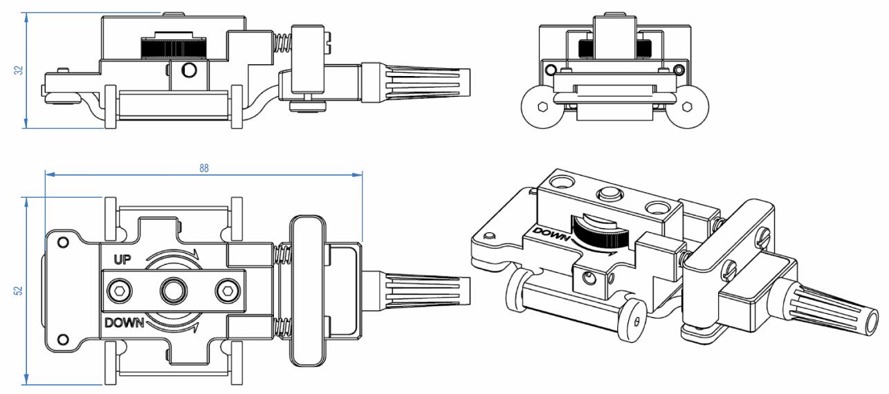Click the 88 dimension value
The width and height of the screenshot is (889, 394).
[x=204, y=168]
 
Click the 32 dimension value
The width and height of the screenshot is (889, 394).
[x=19, y=70]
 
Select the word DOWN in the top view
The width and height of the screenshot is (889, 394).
[x=124, y=322]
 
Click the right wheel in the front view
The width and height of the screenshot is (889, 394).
[x=687, y=107]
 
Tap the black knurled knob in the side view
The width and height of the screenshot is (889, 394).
[x=172, y=48]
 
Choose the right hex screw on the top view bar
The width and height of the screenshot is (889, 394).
[x=226, y=290]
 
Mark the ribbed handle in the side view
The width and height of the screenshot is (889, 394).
[x=422, y=82]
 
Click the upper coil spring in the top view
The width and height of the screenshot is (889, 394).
[x=283, y=255]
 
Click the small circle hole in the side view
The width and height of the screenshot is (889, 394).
[x=188, y=70]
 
